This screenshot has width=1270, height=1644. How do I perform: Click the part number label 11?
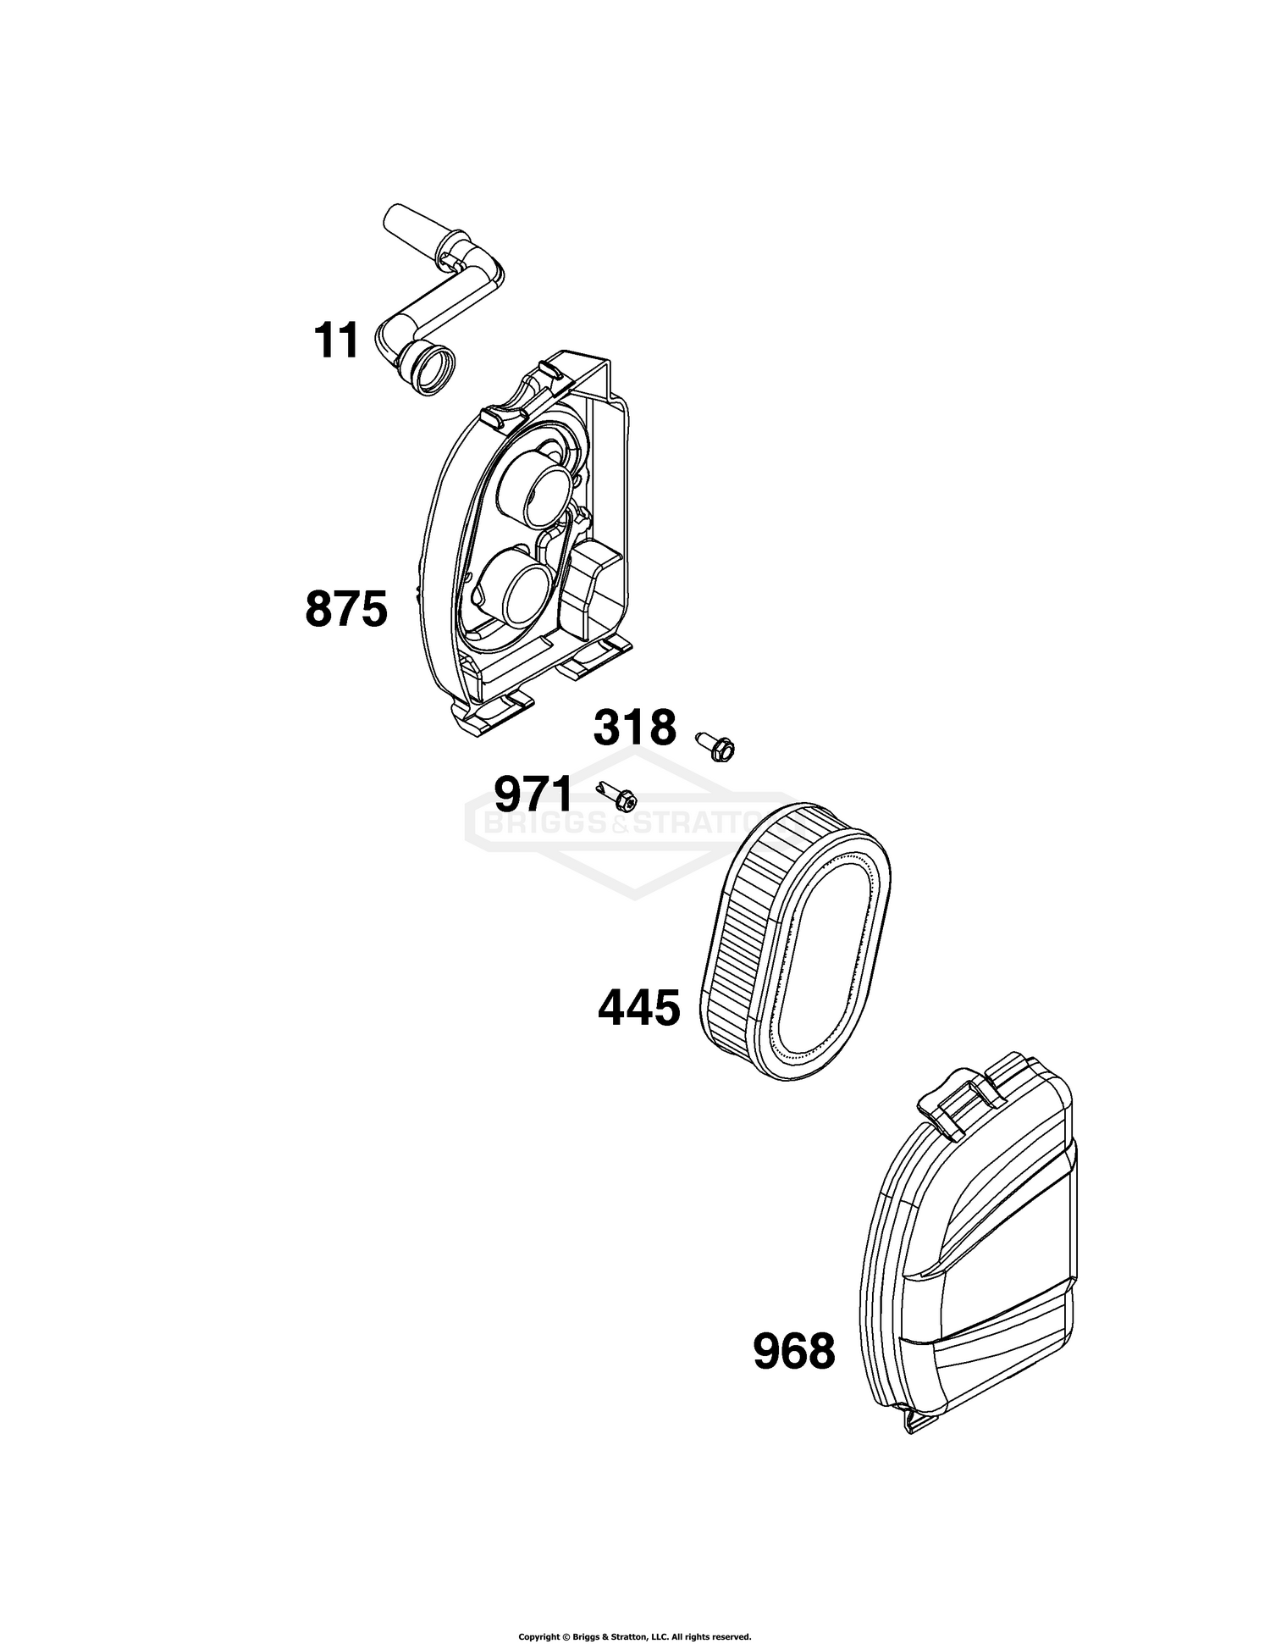click(x=336, y=340)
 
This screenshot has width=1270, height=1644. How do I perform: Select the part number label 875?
click(x=346, y=609)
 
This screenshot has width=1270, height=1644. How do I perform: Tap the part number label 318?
click(x=635, y=728)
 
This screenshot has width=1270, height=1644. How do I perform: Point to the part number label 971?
click(x=534, y=794)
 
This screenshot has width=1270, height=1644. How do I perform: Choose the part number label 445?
click(x=639, y=1008)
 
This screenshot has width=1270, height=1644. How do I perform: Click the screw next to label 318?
click(x=716, y=745)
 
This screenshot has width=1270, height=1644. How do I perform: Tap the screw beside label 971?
click(x=618, y=794)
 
